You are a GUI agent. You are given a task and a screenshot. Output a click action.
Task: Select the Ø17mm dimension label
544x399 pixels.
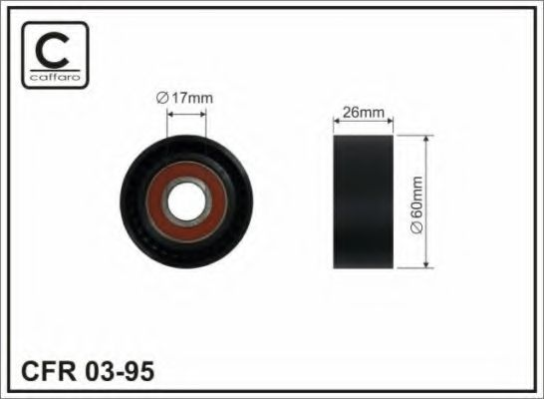pos(186,99)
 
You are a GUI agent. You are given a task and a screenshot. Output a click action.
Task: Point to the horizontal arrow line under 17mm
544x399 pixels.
pos(185,113)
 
